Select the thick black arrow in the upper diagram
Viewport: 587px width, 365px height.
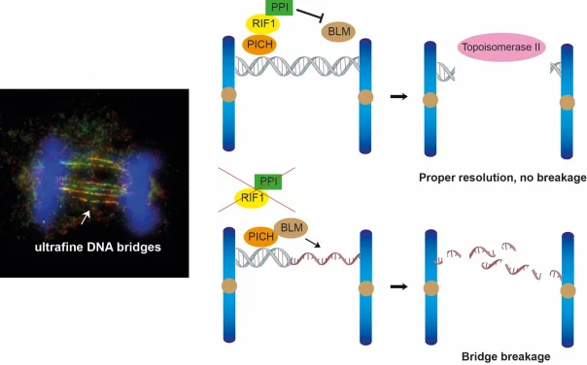(397, 96)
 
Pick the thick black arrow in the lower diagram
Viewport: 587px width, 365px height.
(397, 287)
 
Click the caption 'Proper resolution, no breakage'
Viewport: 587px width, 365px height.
(496, 177)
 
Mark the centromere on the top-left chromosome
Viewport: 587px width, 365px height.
(227, 96)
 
